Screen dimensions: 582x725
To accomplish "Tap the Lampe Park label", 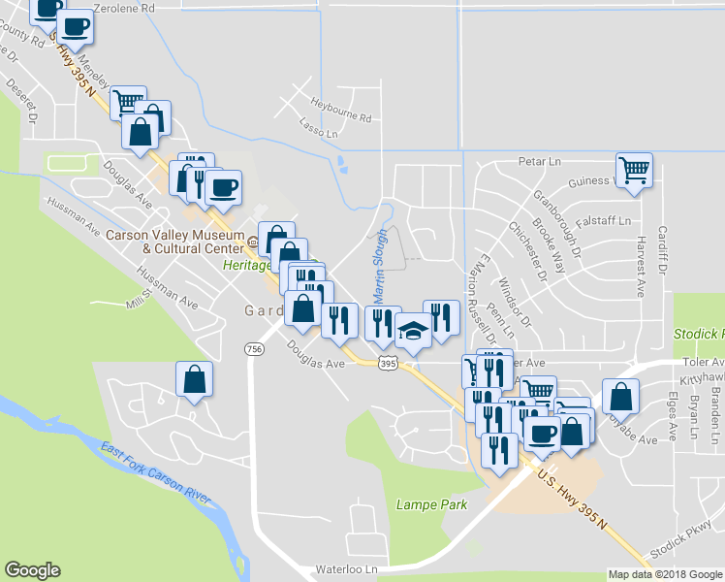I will [431, 504].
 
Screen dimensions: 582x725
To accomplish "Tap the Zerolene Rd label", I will [121, 8].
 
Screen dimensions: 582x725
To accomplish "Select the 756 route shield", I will [254, 349].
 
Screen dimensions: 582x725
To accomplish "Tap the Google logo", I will [32, 570].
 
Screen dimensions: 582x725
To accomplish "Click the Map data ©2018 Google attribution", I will [665, 574].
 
